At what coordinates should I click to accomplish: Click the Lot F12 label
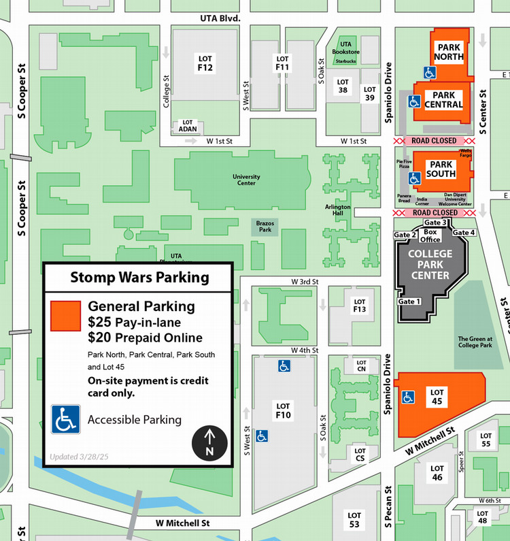tap(205, 63)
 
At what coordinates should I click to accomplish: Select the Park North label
tap(449, 52)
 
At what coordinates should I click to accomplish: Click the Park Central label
tap(443, 100)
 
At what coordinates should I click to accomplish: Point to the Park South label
tap(441, 169)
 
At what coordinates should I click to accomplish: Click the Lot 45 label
tap(437, 397)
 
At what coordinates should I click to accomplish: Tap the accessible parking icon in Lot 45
tap(409, 397)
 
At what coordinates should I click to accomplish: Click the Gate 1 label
tap(409, 301)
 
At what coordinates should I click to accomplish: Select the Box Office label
tap(430, 235)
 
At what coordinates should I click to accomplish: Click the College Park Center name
tap(430, 265)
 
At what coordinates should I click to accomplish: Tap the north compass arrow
tap(210, 442)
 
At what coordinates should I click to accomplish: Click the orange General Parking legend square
tap(66, 316)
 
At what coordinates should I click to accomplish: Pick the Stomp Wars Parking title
tap(139, 278)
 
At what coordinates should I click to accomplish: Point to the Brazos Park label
tap(265, 226)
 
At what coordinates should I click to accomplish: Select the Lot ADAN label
tap(188, 125)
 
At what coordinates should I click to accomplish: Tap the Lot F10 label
tap(283, 410)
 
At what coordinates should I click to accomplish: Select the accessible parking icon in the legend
tap(66, 419)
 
